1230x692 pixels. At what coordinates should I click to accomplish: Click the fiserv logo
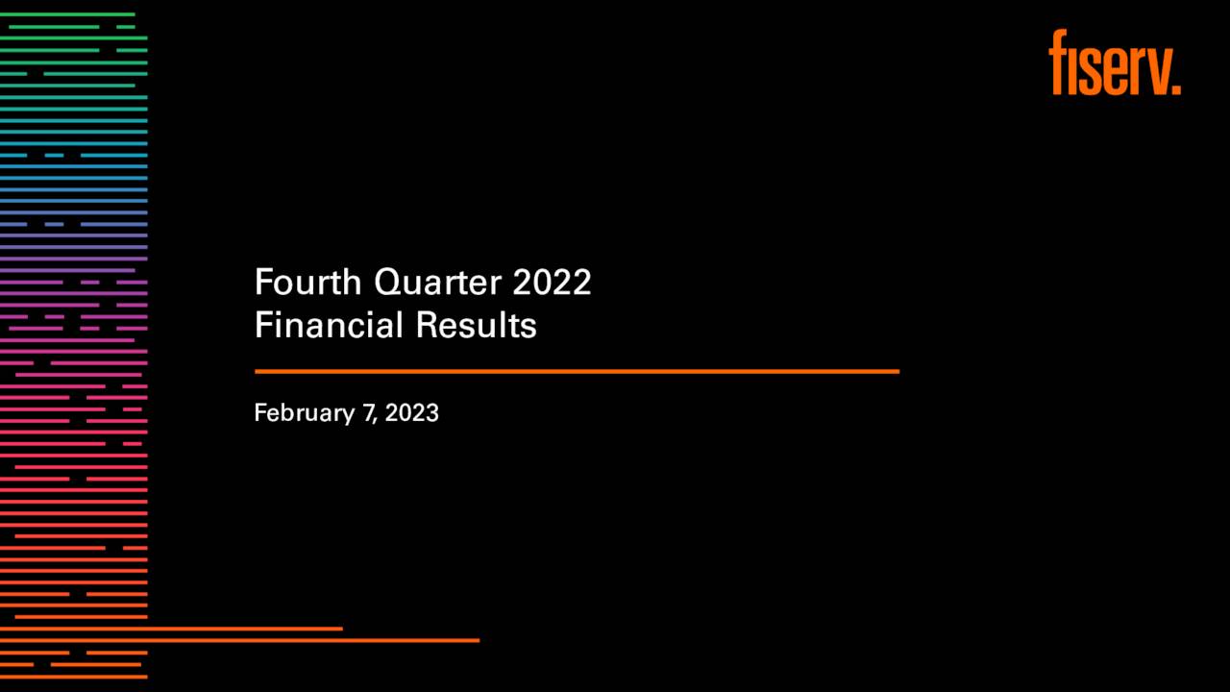(x=1114, y=63)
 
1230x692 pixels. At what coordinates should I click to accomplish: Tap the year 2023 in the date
(x=412, y=413)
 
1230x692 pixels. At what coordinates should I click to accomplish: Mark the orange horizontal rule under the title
(x=577, y=371)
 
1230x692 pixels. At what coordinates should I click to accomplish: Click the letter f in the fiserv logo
(x=1058, y=62)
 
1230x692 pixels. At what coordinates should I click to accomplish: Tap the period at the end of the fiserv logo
(x=1175, y=88)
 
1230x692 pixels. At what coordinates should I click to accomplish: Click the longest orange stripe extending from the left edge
(x=239, y=640)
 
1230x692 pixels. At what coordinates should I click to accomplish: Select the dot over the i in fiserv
(x=1074, y=38)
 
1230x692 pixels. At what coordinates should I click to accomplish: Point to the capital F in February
(x=259, y=413)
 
